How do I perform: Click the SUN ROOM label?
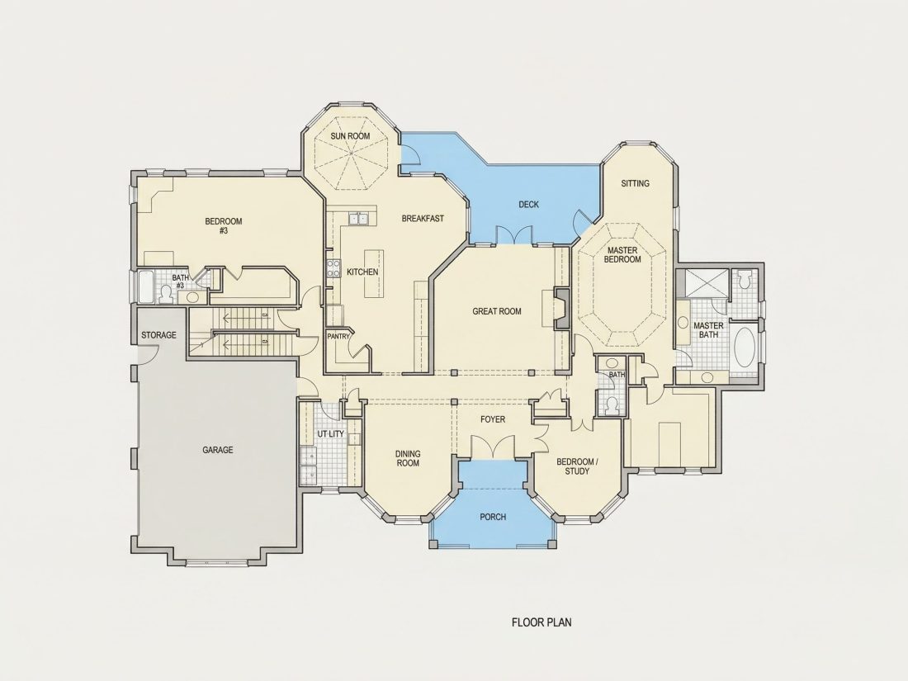pos(350,136)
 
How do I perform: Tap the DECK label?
pos(528,205)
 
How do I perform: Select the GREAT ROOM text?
pos(497,311)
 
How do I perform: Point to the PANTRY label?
pos(338,337)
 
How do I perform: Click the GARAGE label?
pos(218,450)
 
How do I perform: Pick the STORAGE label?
pos(158,335)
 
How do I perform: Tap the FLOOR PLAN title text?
pos(541,622)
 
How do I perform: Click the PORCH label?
pos(493,517)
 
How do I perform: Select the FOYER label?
pos(493,419)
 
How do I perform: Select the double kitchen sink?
pos(358,218)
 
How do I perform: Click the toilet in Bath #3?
pos(166,294)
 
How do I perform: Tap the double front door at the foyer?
pos(492,447)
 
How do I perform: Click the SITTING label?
pos(636,183)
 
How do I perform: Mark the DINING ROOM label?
pos(408,459)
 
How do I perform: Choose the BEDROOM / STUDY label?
pos(577,466)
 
